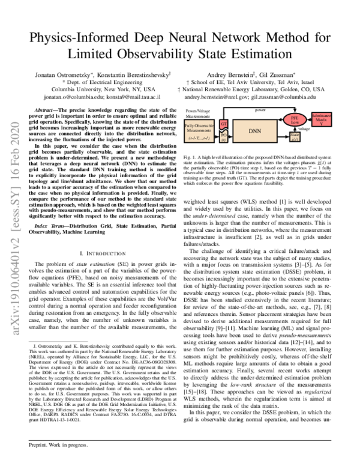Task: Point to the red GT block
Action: point(224,124)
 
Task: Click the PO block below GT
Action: point(224,137)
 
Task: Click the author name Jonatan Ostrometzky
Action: point(59,72)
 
